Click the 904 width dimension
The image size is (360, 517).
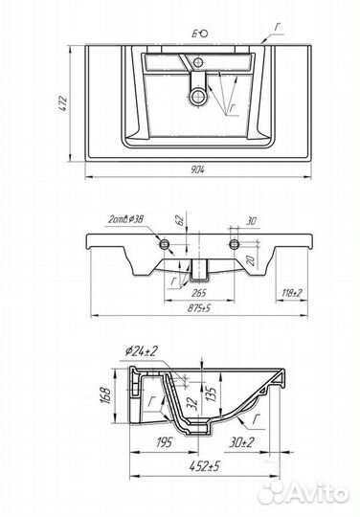click(x=198, y=169)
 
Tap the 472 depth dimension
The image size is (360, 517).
click(x=63, y=103)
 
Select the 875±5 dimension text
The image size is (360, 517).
click(x=199, y=308)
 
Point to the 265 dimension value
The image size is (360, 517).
click(x=199, y=292)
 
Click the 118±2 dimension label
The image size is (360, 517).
click(x=292, y=292)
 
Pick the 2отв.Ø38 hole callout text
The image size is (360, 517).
click(x=125, y=219)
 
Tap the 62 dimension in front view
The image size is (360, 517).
click(x=180, y=220)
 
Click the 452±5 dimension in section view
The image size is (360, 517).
click(x=205, y=466)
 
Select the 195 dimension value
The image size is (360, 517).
click(x=163, y=442)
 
